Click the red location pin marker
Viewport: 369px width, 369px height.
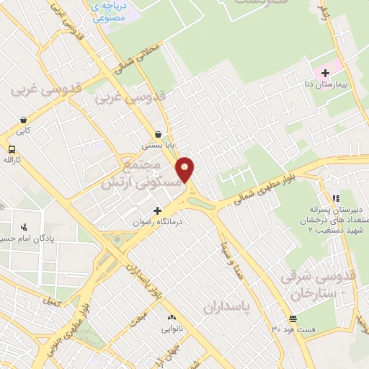185,170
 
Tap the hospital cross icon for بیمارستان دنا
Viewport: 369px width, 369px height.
325,72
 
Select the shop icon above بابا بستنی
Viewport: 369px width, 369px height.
159,133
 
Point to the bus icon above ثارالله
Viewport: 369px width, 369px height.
11,149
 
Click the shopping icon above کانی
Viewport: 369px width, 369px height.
24,120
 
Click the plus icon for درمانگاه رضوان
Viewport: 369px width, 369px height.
158,210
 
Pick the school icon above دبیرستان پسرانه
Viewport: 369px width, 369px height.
335,197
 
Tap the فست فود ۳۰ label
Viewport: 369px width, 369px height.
293,329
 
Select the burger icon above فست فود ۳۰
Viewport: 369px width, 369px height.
293,319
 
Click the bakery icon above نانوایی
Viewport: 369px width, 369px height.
172,317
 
